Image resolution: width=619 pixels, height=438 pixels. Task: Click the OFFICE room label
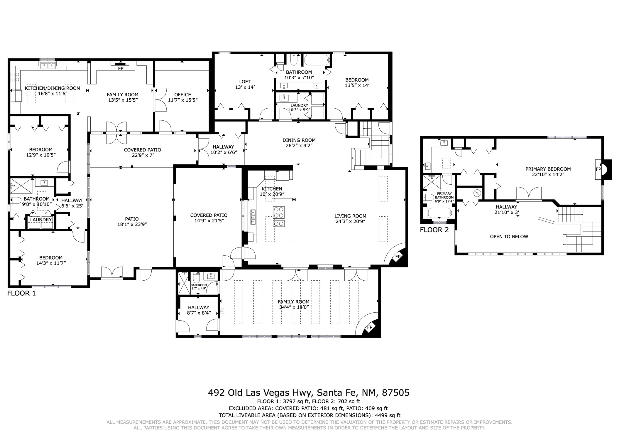pos(182,95)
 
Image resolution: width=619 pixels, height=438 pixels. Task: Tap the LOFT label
pos(245,82)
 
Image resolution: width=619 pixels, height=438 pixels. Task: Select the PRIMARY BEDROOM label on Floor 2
pos(548,169)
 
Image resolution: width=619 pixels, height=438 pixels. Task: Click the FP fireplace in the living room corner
pos(398,257)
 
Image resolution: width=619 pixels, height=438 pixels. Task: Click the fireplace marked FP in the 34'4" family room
pos(370,327)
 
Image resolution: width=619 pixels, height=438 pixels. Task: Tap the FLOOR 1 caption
pos(21,293)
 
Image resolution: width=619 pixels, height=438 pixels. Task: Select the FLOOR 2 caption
pos(434,230)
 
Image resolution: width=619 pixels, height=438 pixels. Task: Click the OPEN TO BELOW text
pos(509,237)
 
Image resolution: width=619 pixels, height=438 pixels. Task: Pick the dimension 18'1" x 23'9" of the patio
pos(132,224)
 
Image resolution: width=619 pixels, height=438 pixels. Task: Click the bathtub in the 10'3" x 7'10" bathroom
pos(317,60)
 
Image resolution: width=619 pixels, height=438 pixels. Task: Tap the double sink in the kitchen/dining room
pos(48,65)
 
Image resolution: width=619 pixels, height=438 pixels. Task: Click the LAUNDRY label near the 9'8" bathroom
pos(41,220)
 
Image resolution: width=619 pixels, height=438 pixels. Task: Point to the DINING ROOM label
pos(299,140)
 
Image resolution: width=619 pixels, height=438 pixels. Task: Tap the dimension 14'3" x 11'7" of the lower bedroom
pos(51,263)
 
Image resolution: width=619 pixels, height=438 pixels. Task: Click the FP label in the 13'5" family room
pos(121,69)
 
